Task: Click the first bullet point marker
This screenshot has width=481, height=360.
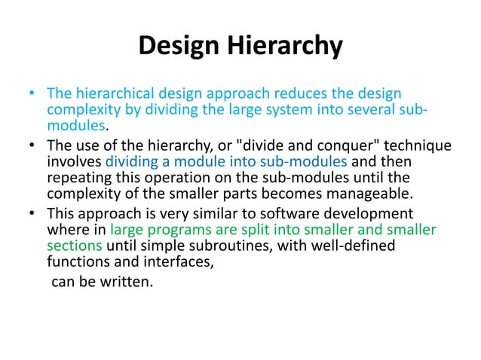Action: pyautogui.click(x=31, y=94)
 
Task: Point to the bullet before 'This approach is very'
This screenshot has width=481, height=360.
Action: pyautogui.click(x=31, y=213)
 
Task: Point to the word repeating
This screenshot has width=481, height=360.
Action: pyautogui.click(x=78, y=178)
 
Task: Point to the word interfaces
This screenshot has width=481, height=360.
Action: pyautogui.click(x=178, y=262)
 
